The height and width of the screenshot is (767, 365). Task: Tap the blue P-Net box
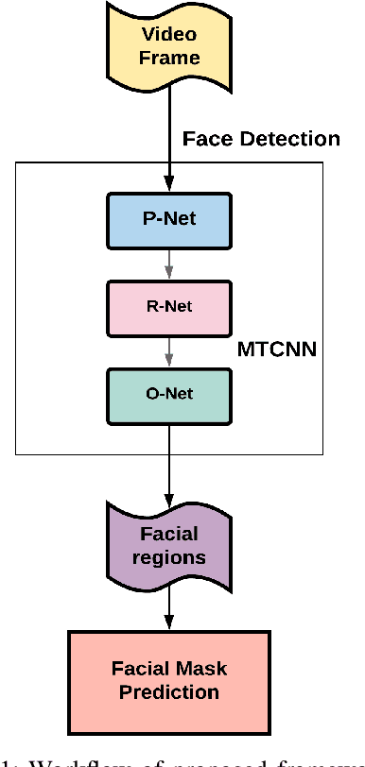tap(169, 217)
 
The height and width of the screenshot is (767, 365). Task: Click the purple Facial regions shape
tap(169, 547)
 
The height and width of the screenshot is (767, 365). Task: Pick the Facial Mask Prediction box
tap(169, 681)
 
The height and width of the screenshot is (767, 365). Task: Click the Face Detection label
tap(260, 139)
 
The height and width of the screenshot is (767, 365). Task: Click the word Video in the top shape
tap(169, 35)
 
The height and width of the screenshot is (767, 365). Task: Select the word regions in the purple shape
tap(169, 558)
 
